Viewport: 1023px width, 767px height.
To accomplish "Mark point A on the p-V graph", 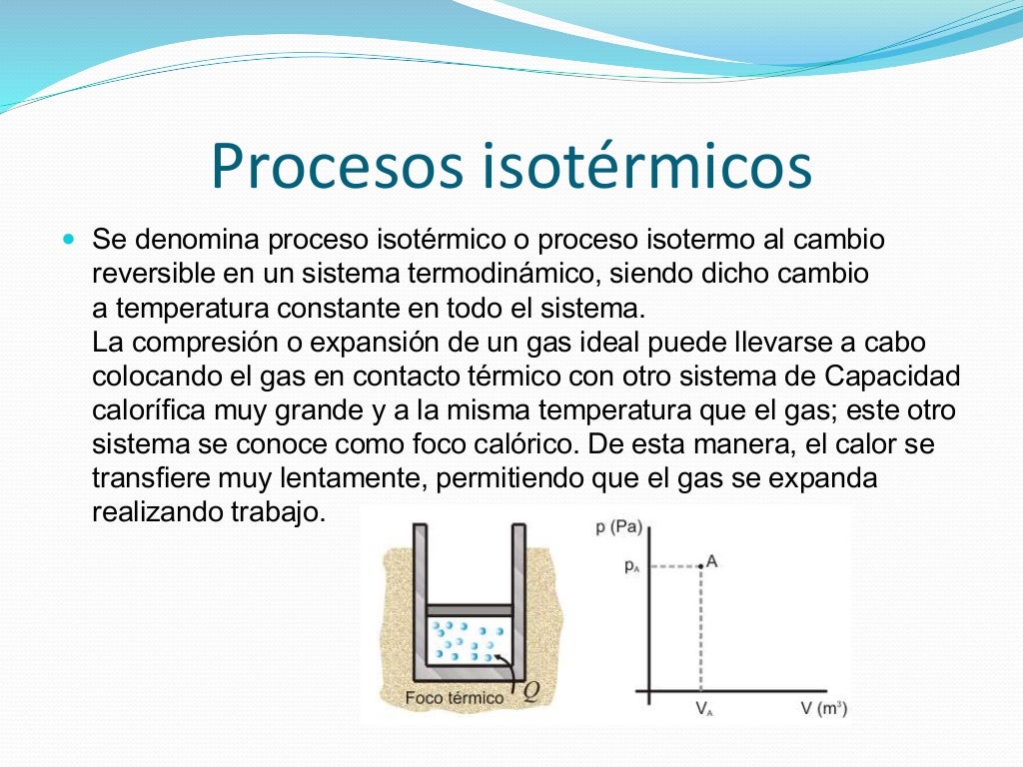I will click(x=701, y=566).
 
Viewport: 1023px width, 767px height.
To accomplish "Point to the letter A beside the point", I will click(x=712, y=560).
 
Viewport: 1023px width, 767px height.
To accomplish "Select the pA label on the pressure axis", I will click(x=631, y=566).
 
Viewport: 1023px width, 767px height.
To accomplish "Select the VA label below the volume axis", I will click(x=703, y=710).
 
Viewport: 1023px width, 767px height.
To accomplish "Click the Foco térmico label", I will click(x=455, y=697).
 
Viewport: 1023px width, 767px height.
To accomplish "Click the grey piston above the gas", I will click(x=470, y=609).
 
